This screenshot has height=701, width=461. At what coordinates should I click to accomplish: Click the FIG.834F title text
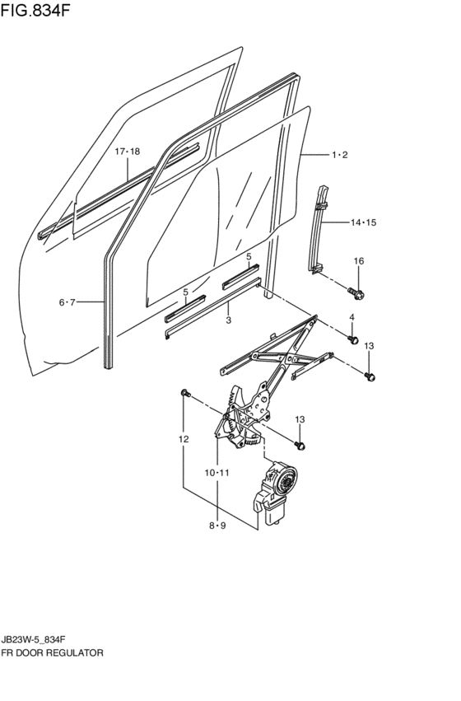pyautogui.click(x=35, y=11)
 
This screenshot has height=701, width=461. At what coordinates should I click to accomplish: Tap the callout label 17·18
pyautogui.click(x=128, y=152)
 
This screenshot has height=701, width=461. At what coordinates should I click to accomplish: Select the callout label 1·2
pyautogui.click(x=339, y=155)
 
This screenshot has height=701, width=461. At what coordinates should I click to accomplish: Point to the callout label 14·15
pyautogui.click(x=363, y=222)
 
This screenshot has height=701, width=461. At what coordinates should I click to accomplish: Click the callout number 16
pyautogui.click(x=359, y=260)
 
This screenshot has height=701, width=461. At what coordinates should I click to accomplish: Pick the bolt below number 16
pyautogui.click(x=357, y=292)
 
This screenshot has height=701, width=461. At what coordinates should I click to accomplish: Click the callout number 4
pyautogui.click(x=352, y=317)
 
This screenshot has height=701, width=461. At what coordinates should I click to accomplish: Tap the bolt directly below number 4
pyautogui.click(x=353, y=339)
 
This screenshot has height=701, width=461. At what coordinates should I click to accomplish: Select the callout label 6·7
pyautogui.click(x=67, y=302)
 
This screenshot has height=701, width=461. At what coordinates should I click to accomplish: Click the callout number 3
pyautogui.click(x=229, y=320)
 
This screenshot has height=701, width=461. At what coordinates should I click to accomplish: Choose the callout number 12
pyautogui.click(x=184, y=439)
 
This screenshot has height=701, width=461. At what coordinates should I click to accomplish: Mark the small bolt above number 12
pyautogui.click(x=185, y=393)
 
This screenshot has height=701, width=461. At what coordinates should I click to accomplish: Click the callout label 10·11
pyautogui.click(x=217, y=473)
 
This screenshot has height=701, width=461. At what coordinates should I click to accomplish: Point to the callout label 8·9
pyautogui.click(x=217, y=526)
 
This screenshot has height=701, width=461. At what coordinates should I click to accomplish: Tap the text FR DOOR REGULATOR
pyautogui.click(x=52, y=652)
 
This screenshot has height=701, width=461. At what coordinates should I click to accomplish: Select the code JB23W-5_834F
pyautogui.click(x=35, y=639)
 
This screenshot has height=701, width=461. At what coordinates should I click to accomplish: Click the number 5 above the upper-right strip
pyautogui.click(x=249, y=257)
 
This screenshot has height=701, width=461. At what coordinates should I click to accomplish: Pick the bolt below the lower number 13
pyautogui.click(x=301, y=446)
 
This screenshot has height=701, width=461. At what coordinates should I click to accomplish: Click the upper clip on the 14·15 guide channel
pyautogui.click(x=322, y=206)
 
